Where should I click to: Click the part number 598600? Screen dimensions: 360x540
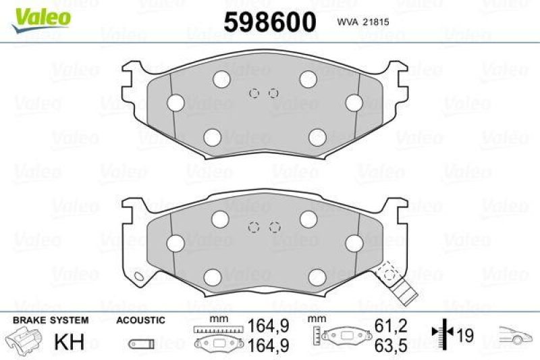(269, 22)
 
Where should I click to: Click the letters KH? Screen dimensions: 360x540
(67, 341)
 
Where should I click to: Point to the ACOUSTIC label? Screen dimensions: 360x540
(140, 321)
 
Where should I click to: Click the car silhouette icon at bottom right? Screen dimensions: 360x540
(516, 334)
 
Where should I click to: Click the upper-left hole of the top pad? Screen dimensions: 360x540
(221, 80)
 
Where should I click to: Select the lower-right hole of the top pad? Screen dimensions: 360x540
(317, 137)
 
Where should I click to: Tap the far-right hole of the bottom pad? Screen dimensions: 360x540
(354, 242)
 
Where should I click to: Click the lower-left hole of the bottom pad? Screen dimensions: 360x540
(213, 277)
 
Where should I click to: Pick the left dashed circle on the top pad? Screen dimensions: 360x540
(254, 93)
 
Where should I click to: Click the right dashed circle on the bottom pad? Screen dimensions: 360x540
(274, 228)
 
